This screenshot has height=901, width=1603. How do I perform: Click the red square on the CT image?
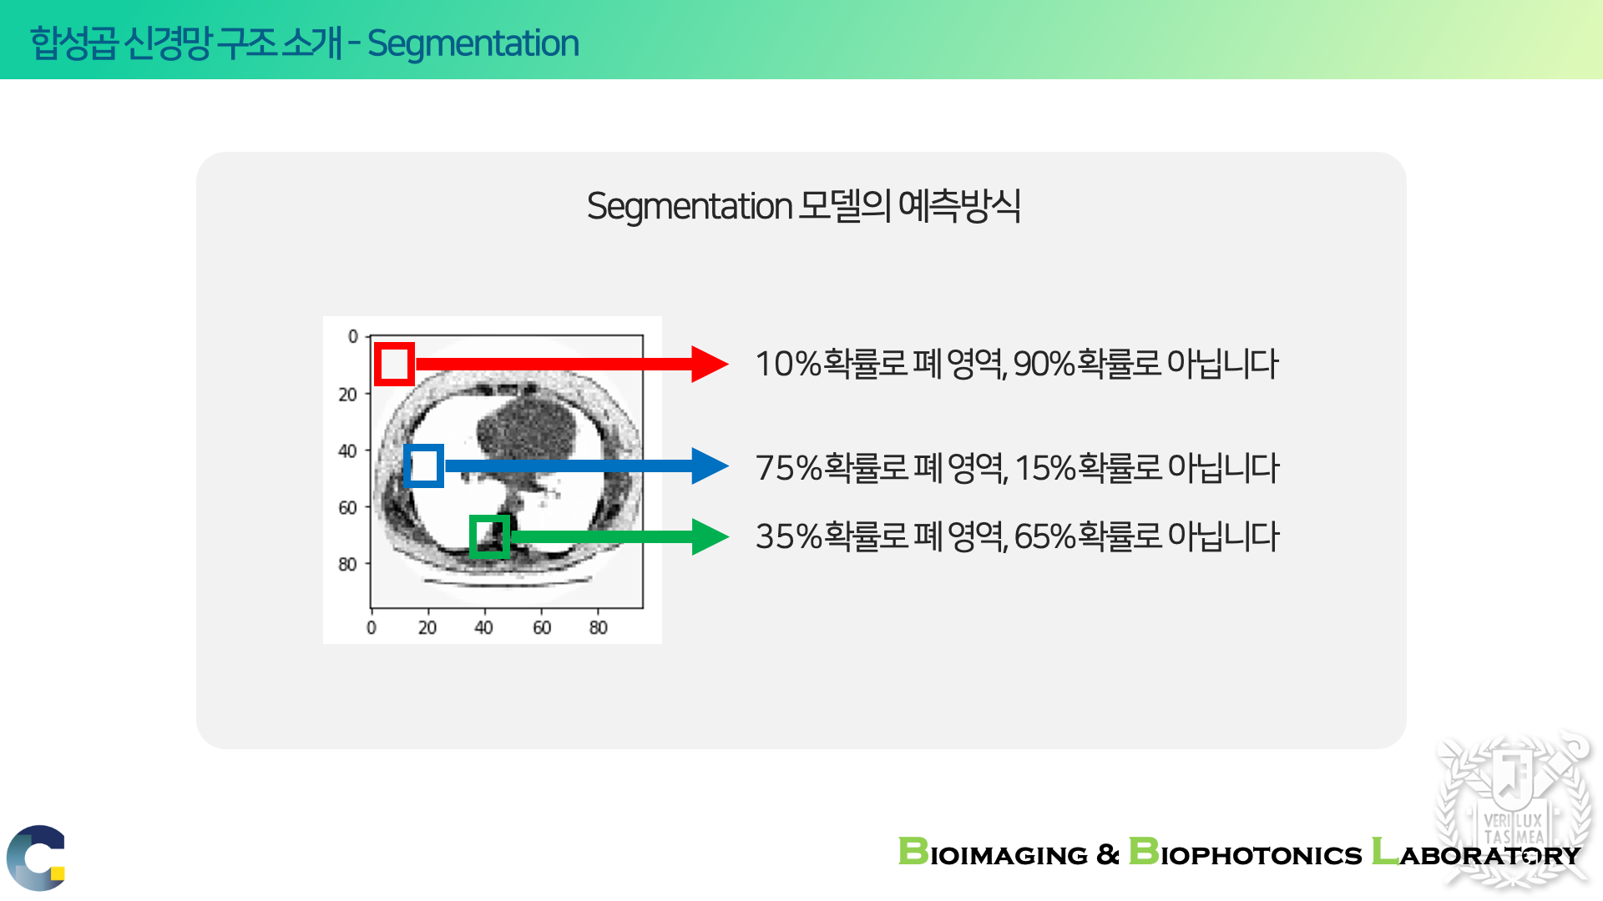377,364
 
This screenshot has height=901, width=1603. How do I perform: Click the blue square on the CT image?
407,466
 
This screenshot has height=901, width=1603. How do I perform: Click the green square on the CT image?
473,536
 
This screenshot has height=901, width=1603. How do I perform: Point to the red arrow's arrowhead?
710,364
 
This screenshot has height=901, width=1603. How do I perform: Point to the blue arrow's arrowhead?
710,466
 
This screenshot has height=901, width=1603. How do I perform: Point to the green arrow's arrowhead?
710,536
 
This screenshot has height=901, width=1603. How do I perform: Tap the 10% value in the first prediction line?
788,365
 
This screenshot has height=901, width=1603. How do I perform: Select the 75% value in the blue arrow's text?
789,468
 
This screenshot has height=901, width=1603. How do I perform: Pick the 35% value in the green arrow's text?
789,536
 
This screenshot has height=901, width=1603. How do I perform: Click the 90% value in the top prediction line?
1044,365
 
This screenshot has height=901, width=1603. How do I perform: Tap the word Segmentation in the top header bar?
473,43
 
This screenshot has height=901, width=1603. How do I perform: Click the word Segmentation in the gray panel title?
690,206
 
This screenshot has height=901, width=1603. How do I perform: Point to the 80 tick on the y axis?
347,565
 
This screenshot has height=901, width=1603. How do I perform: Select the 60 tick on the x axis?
542,627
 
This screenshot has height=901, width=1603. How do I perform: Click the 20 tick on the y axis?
347,395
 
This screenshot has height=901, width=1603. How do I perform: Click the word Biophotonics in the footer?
1245,853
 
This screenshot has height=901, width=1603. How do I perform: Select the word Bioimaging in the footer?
993,853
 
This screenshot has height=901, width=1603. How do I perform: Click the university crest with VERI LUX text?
1513,809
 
